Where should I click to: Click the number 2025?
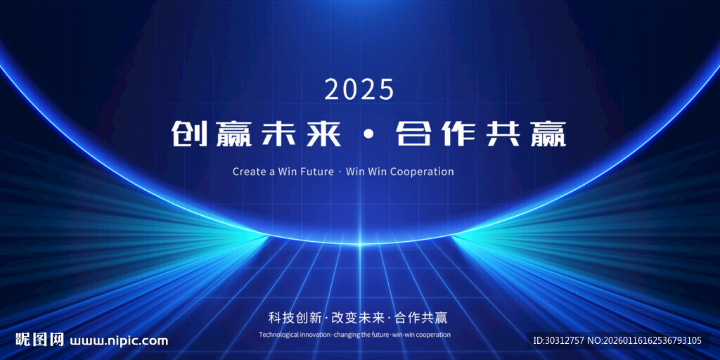click(x=359, y=89)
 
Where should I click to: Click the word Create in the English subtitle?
click(x=249, y=172)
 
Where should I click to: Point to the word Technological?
click(x=281, y=335)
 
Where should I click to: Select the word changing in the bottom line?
click(x=346, y=335)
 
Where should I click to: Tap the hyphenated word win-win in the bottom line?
click(x=404, y=335)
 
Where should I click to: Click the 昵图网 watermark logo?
click(x=41, y=340)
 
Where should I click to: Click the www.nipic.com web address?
click(x=120, y=341)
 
